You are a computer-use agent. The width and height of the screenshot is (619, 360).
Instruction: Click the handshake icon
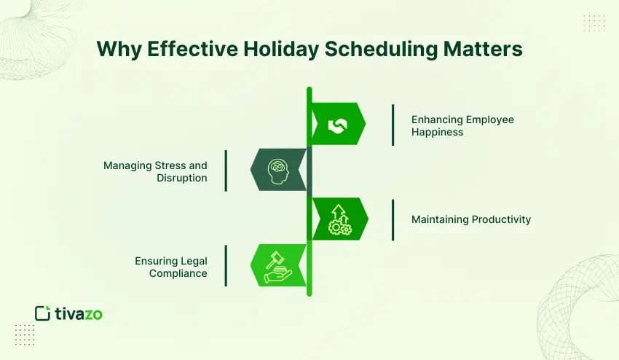pos(336,125)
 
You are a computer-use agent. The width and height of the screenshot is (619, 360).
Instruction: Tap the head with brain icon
pos(279,170)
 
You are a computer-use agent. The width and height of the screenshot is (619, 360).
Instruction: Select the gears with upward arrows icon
pos(339,219)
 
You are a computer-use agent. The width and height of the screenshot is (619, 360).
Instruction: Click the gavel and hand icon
pos(277,265)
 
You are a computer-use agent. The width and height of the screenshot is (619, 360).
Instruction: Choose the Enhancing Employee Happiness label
pos(462,125)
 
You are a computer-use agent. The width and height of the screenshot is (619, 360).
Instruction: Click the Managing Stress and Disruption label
pos(155,171)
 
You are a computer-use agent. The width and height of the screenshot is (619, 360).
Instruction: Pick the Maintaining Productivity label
pos(471,219)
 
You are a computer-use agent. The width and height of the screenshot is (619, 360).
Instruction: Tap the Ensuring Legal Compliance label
pos(170,266)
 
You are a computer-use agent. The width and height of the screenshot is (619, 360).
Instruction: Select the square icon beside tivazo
pos(42,313)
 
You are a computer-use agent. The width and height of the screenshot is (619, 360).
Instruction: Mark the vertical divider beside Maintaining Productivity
pos(393,219)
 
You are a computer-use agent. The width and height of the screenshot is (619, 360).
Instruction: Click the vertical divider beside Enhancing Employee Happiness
pos(393,125)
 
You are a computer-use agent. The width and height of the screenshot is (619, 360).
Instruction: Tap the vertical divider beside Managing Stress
pos(226,171)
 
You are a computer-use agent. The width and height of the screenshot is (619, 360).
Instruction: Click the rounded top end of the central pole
pos(309,90)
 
